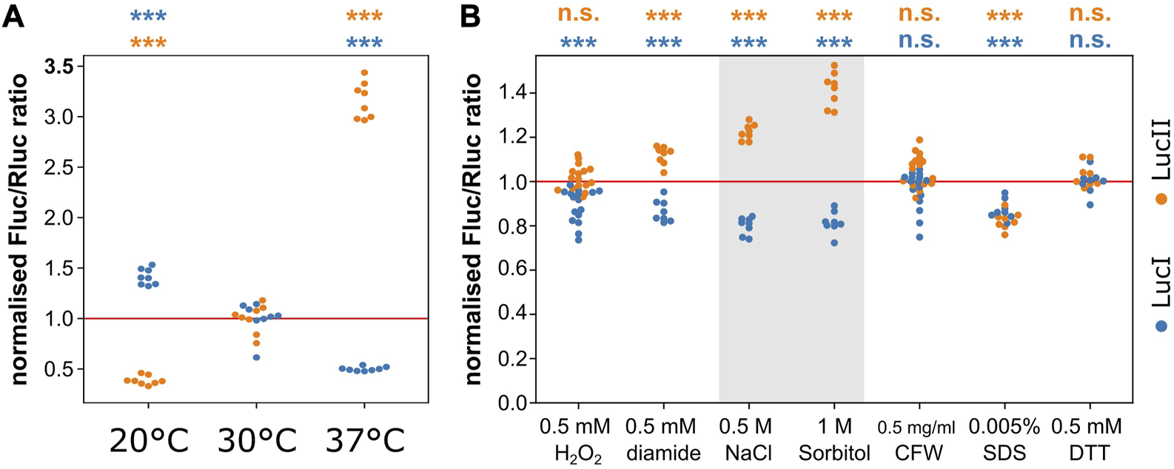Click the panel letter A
click(14, 16)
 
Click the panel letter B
click(472, 16)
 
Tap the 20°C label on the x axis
click(149, 442)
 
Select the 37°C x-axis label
click(363, 442)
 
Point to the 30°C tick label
click(256, 442)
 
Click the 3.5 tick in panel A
click(58, 67)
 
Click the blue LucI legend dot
click(1161, 326)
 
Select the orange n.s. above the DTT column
click(1090, 14)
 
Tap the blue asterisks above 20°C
click(148, 16)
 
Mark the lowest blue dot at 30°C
click(256, 357)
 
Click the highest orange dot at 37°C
click(363, 72)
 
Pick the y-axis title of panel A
click(19, 229)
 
